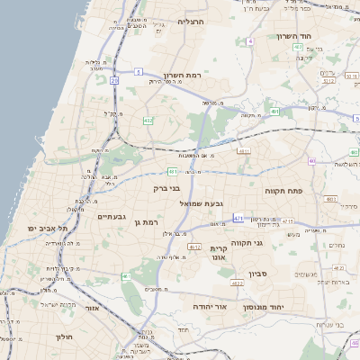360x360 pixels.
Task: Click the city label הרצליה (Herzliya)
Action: tap(191, 21)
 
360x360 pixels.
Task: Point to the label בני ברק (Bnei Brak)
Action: tap(168, 189)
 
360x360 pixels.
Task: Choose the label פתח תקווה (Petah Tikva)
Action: tap(286, 192)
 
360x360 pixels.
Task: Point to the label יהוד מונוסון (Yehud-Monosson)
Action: tap(286, 307)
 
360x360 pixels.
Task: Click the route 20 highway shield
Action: tap(114, 81)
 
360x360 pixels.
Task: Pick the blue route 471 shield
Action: tap(237, 219)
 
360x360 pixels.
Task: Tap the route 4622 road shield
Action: tap(238, 283)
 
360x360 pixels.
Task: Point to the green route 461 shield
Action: tap(126, 276)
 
